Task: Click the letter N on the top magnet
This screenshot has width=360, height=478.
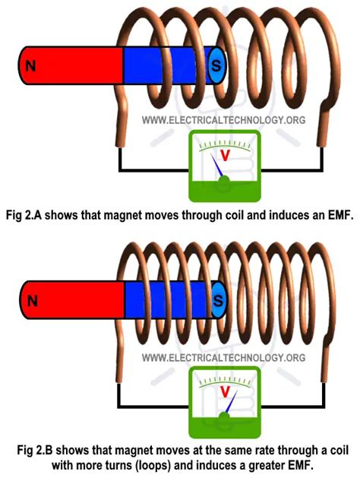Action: (30, 66)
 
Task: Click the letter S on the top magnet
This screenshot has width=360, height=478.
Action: (216, 66)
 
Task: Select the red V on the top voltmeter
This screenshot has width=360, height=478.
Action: (224, 155)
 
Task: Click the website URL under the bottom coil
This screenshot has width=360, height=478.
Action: (223, 357)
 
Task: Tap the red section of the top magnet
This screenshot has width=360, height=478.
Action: (72, 66)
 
